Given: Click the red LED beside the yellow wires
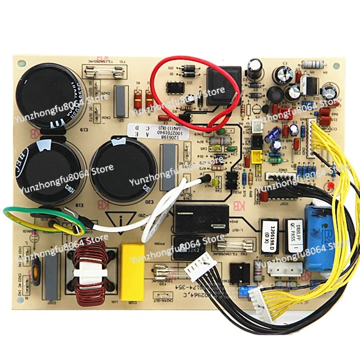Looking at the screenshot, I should coord(331,185).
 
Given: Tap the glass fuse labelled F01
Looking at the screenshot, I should coord(103,70).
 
